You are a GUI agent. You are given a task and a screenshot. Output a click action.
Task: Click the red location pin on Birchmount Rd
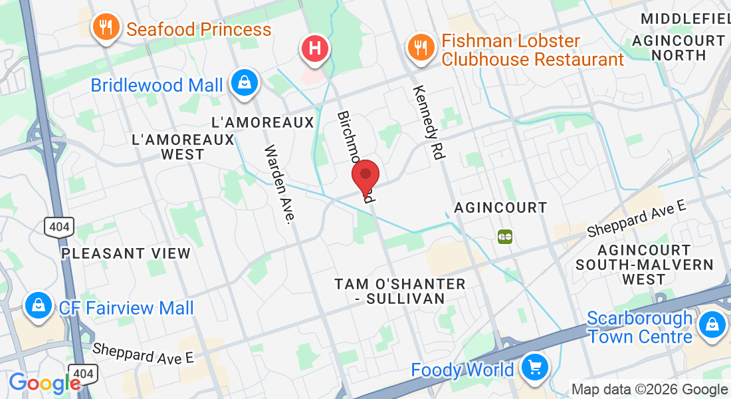365,177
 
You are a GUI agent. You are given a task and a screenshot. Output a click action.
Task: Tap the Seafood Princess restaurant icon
104,28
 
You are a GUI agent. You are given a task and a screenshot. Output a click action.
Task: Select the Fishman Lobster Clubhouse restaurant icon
419,48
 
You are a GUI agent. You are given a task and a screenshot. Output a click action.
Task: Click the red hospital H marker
315,49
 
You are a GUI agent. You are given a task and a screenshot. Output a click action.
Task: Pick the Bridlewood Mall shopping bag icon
245,83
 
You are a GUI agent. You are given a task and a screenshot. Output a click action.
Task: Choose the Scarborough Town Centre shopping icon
712,326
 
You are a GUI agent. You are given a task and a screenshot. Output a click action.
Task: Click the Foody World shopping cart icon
534,367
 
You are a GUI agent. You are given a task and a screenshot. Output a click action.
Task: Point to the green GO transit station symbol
505,236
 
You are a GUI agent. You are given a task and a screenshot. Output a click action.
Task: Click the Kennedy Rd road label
427,122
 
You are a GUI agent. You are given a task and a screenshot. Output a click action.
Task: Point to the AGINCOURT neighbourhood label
500,208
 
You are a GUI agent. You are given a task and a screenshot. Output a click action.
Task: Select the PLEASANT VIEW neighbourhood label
126,253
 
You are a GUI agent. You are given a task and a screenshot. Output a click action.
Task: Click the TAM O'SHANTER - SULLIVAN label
400,291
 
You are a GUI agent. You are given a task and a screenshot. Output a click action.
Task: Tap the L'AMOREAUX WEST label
183,147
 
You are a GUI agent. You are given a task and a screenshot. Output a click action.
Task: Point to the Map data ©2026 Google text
649,390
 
